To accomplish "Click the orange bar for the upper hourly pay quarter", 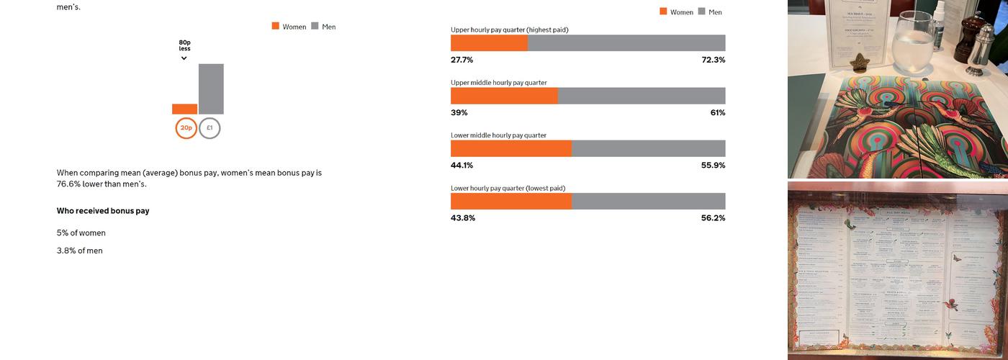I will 489,43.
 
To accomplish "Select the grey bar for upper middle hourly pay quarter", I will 642,96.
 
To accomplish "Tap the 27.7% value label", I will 462,60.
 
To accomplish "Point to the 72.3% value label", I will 713,60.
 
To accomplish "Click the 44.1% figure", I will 462,166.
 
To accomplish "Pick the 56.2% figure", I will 713,218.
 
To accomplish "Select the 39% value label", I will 459,113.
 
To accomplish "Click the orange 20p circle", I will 186,128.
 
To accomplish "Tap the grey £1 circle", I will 210,128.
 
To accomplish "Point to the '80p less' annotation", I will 185,46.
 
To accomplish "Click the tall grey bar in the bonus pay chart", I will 211,89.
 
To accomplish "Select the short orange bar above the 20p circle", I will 184,109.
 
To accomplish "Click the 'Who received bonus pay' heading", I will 103,211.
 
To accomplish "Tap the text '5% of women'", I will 81,233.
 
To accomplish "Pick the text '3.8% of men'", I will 80,251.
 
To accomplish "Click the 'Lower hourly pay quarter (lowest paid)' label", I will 508,188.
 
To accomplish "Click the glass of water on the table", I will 911,40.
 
